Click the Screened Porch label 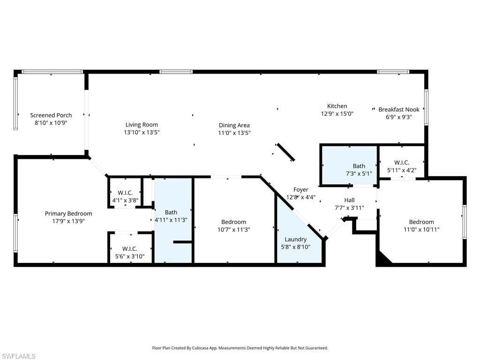point(51,115)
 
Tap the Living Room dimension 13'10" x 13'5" point(142,133)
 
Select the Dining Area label point(234,125)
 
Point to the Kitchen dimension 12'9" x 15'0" point(337,114)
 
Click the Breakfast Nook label point(399,110)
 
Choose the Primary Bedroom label point(68,214)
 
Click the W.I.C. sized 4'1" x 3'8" point(125,196)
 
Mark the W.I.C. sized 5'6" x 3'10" point(130,253)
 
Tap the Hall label point(349,200)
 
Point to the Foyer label point(301,190)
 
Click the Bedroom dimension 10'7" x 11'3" point(234,230)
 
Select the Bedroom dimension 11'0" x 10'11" point(421,230)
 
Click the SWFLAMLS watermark point(18,356)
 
